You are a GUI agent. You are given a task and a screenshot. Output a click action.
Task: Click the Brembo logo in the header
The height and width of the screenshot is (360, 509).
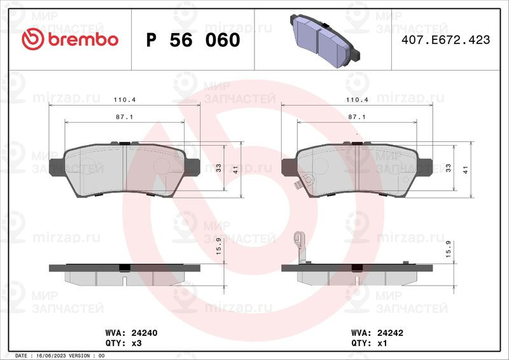point(70,39)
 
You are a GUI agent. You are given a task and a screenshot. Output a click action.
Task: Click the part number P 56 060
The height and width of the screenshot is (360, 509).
point(193,40)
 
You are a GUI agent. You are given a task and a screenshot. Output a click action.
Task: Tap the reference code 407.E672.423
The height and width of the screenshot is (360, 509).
point(446,40)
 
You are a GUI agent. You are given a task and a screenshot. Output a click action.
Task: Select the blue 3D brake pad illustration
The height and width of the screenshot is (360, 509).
point(325,41)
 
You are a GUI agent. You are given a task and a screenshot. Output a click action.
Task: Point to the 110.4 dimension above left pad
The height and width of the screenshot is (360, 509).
point(125,100)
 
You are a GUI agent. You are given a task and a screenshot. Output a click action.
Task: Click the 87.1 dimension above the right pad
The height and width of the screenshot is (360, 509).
point(357,117)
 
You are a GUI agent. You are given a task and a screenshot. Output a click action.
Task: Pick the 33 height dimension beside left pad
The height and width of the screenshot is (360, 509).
point(218,168)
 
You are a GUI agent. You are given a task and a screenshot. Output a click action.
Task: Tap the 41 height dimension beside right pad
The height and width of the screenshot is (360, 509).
point(466,169)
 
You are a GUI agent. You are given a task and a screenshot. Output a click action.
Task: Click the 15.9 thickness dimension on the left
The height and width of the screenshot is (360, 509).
point(218,246)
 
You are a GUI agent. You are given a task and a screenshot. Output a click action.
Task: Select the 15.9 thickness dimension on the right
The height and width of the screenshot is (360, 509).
point(449,249)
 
